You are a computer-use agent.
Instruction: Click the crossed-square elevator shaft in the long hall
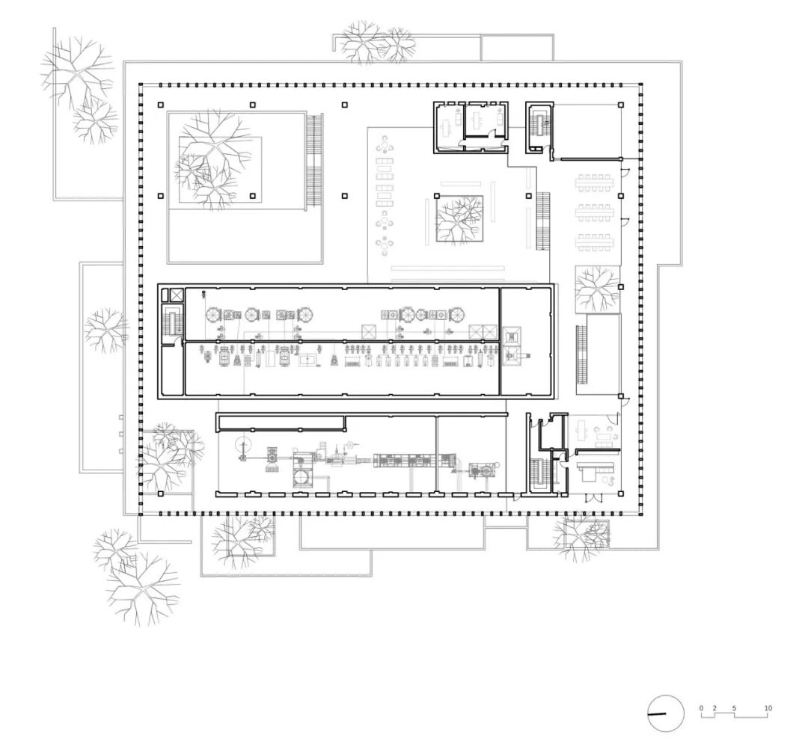pos(177,295)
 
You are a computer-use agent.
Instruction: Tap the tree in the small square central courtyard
pos(459,218)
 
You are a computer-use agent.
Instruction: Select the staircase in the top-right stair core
pos(539,123)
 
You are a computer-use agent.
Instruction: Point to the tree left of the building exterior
pos(105,330)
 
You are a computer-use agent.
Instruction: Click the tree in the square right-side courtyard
pos(597,289)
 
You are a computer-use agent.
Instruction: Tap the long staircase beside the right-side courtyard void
pos(581,354)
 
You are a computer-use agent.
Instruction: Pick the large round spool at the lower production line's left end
pos(241,443)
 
